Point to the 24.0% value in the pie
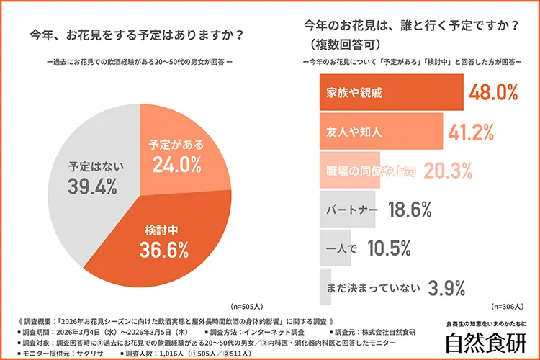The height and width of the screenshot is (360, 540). click(176, 164)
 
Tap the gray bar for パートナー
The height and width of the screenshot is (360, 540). click(346, 210)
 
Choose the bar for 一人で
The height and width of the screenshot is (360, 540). click(334, 248)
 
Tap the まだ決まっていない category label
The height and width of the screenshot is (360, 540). click(372, 288)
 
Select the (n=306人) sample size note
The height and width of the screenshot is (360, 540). click(508, 305)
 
